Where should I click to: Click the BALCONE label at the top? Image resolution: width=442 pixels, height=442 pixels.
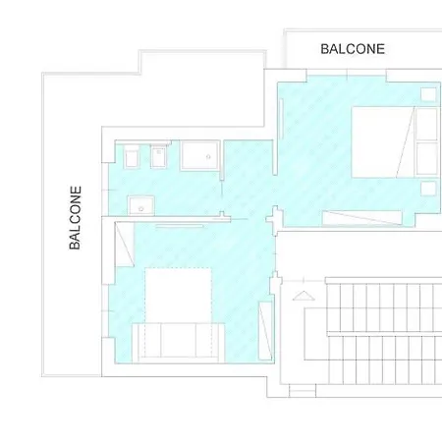(353, 48)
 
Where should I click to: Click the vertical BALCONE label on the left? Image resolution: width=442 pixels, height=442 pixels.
(76, 218)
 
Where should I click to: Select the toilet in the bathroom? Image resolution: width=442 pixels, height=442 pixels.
(131, 158)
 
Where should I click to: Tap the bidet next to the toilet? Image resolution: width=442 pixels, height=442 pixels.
(158, 157)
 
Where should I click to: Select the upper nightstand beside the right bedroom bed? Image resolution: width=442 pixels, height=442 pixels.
(428, 95)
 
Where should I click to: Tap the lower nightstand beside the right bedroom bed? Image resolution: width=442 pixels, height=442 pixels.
(428, 187)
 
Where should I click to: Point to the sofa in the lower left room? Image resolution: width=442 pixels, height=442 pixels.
(175, 341)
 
